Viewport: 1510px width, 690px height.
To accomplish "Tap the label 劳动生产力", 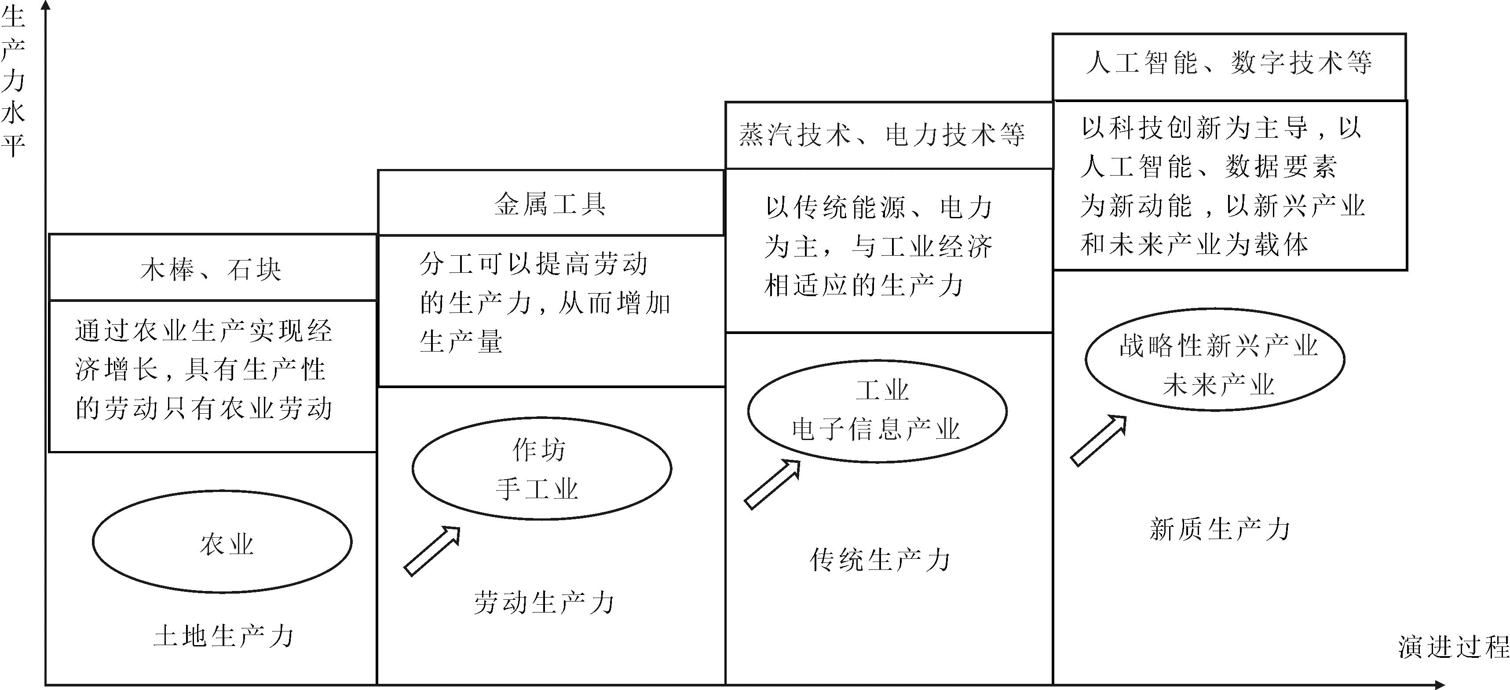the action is (544, 603).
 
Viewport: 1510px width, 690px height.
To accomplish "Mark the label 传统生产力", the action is (880, 560).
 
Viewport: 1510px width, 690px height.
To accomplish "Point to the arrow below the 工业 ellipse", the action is (772, 484).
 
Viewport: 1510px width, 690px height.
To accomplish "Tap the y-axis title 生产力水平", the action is (13, 79).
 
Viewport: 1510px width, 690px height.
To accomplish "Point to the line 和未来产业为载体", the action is (1194, 244).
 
